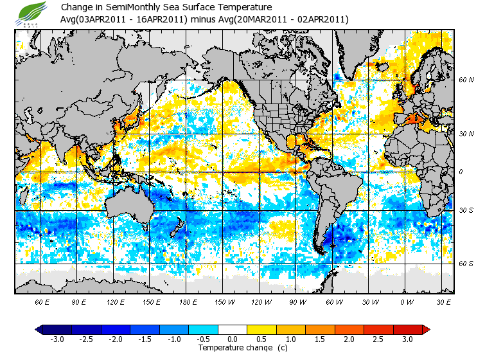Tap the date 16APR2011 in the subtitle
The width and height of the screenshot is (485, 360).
[x=164, y=19]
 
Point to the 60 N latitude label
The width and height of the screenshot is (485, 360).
[x=466, y=80]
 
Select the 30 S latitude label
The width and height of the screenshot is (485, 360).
[x=466, y=211]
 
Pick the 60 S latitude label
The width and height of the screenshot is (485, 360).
[x=466, y=264]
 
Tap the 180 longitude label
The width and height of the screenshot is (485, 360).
[x=188, y=301]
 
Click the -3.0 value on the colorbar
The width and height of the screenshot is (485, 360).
[x=57, y=339]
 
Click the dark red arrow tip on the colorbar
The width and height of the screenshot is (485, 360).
[x=426, y=329]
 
